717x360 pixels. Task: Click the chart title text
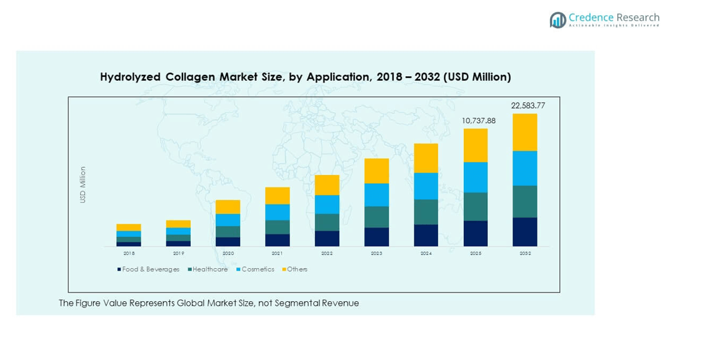click(305, 77)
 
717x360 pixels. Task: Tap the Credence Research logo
click(604, 20)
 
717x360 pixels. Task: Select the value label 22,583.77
click(528, 106)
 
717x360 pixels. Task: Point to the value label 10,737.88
click(478, 121)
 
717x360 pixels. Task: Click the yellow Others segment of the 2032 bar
click(524, 132)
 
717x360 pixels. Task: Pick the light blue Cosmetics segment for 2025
click(475, 177)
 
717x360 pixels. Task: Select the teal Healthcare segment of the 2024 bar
click(426, 212)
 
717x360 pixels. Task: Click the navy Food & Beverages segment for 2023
click(376, 237)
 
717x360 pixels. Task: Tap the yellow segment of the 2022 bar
click(327, 185)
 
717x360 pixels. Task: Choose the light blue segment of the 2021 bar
click(277, 212)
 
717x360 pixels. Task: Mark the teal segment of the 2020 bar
click(228, 231)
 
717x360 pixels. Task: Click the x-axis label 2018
click(129, 253)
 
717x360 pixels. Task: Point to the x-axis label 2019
click(178, 253)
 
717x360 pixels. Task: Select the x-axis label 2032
click(524, 253)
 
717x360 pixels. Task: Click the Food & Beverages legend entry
click(148, 269)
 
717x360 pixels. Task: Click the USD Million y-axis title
click(83, 184)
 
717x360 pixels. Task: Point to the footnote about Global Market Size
click(209, 303)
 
